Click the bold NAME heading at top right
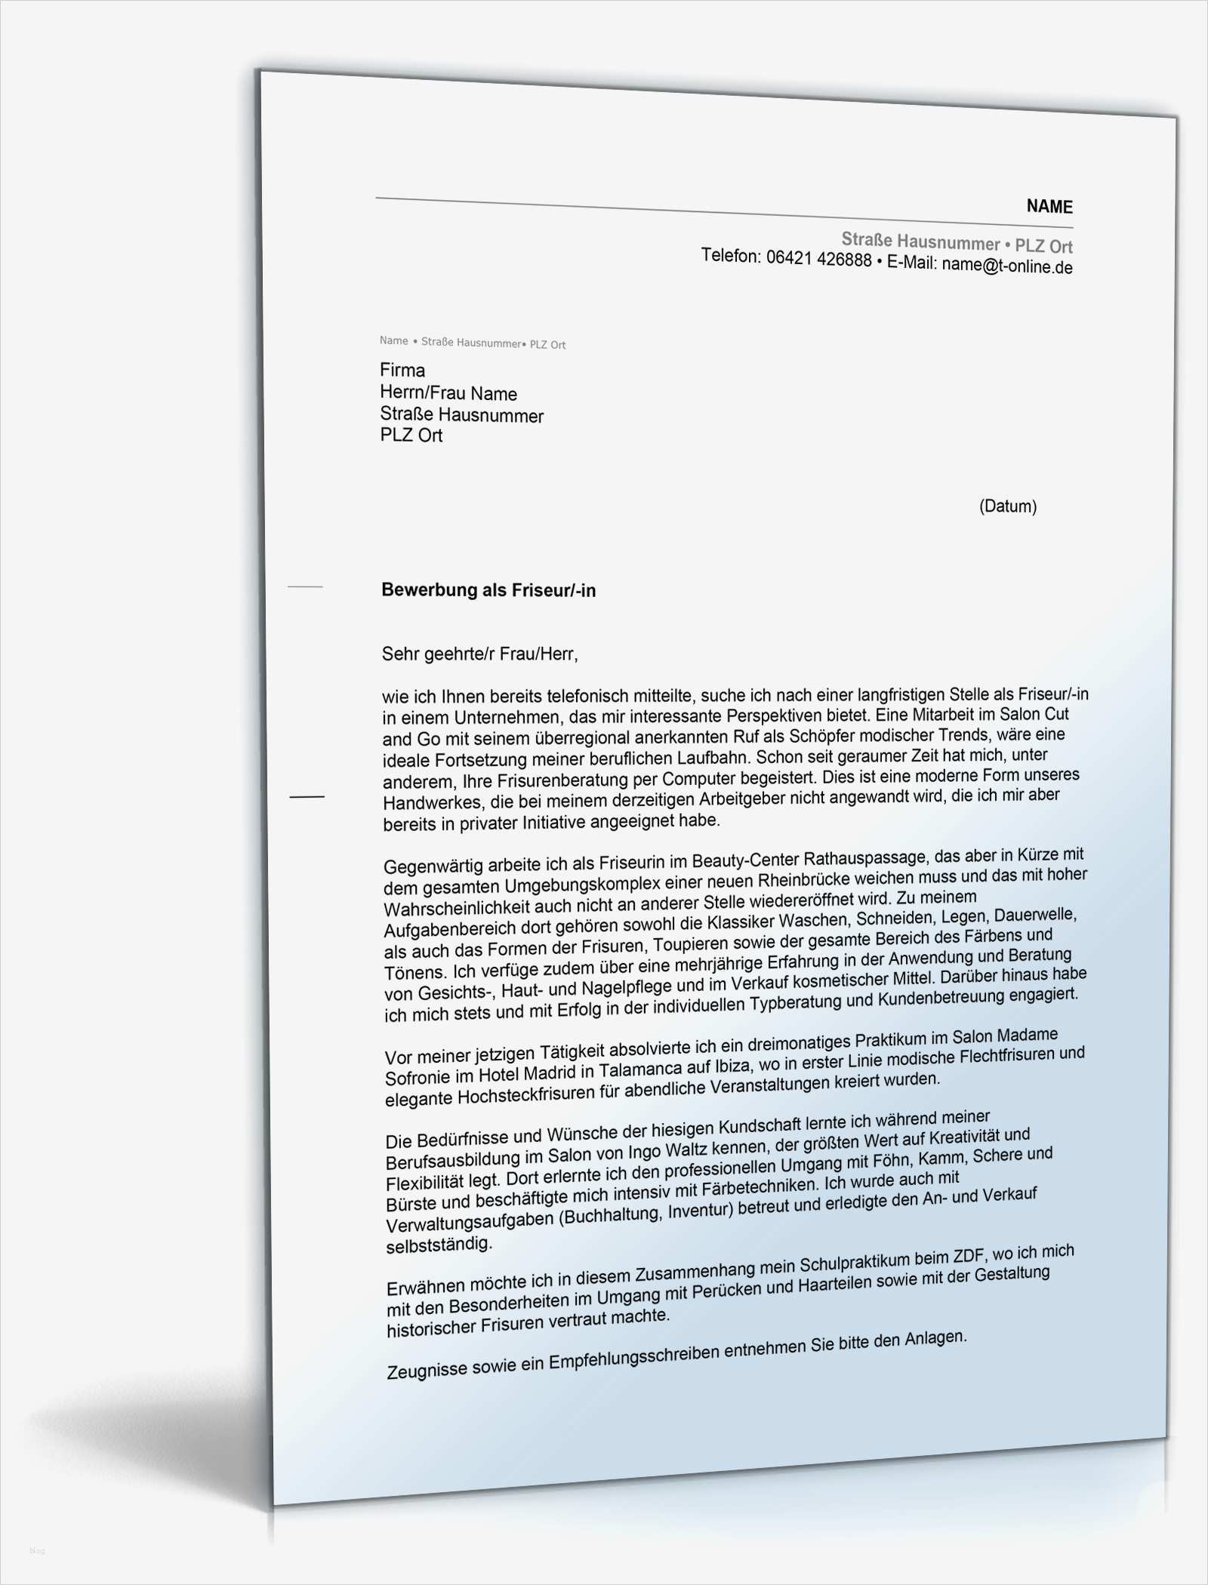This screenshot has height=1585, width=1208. (x=1049, y=207)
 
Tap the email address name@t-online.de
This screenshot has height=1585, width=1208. (x=1007, y=266)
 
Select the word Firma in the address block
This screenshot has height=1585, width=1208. (x=402, y=370)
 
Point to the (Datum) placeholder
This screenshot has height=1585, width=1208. (x=1007, y=506)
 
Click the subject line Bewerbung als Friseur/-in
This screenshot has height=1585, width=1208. (x=488, y=590)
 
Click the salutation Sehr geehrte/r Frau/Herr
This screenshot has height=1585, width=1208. (x=479, y=654)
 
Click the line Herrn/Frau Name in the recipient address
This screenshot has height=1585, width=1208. (x=448, y=393)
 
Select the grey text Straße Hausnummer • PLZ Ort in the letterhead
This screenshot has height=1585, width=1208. (x=957, y=243)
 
